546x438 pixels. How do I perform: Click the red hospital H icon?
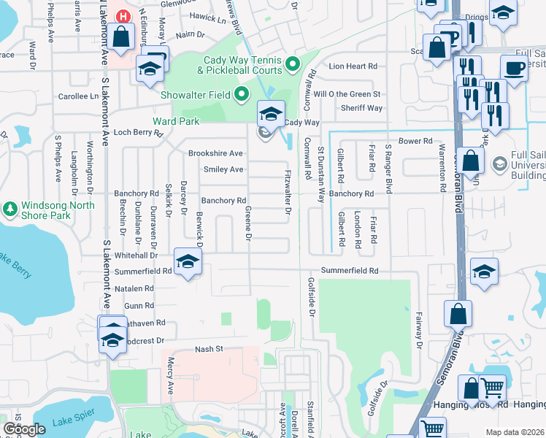(x=123, y=16)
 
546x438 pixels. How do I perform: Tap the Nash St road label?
(x=208, y=350)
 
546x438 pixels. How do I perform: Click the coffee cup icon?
(x=514, y=68)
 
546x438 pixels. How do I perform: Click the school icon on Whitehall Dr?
(x=188, y=262)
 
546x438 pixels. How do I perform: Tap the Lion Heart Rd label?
(x=353, y=66)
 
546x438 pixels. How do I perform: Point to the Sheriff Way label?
(x=362, y=108)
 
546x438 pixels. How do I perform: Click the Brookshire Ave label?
(x=215, y=153)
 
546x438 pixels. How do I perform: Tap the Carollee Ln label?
(x=78, y=96)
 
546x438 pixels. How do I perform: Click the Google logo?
(x=24, y=429)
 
